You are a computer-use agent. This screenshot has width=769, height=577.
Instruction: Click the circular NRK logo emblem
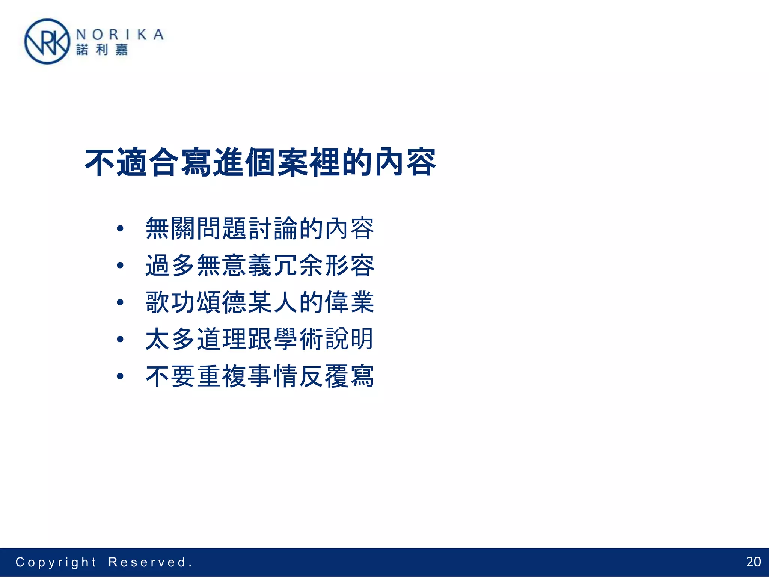coord(47,41)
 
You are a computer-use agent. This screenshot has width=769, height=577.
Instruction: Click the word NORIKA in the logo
coord(120,35)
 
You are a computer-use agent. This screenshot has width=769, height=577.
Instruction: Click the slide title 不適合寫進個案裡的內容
coord(260,163)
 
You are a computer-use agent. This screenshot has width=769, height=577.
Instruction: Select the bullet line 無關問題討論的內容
coord(260,228)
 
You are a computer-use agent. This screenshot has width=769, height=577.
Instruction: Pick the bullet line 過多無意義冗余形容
coord(260,265)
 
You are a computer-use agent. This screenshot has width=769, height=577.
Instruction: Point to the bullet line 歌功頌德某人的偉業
coord(260,302)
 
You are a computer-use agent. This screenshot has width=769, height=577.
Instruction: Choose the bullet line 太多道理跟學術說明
coord(260,339)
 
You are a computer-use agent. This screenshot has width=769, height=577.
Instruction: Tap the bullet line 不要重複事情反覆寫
coord(260,376)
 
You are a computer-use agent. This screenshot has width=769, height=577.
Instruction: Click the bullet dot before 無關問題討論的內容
coord(120,228)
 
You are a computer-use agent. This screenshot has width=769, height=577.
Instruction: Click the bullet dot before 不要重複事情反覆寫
coord(120,376)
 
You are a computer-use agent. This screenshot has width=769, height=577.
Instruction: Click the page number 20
coord(753,562)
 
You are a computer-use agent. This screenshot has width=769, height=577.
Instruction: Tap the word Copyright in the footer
coord(56,562)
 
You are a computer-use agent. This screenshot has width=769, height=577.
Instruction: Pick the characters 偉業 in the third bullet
coord(350,302)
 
